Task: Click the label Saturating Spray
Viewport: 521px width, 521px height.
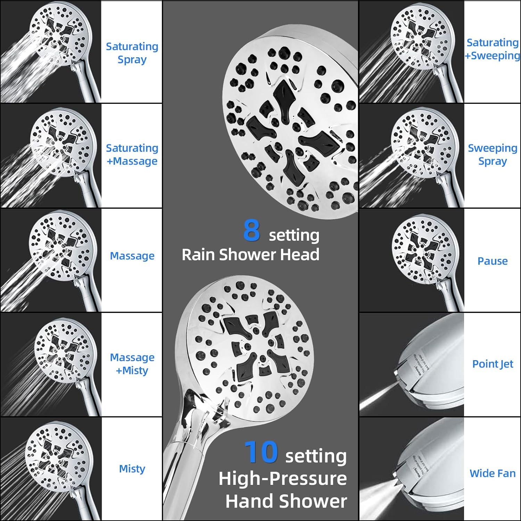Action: pyautogui.click(x=132, y=53)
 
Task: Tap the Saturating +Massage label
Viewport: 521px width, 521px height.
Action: pyautogui.click(x=132, y=155)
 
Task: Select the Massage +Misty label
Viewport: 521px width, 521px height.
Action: pyautogui.click(x=132, y=364)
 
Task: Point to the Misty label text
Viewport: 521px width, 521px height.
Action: pyautogui.click(x=132, y=469)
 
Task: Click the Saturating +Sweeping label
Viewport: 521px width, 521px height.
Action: pyautogui.click(x=493, y=49)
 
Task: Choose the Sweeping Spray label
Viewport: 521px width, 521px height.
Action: pyautogui.click(x=493, y=155)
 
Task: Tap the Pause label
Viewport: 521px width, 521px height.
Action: pyautogui.click(x=493, y=261)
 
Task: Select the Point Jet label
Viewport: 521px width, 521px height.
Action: pyautogui.click(x=493, y=364)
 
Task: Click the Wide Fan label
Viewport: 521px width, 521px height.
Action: pyautogui.click(x=493, y=473)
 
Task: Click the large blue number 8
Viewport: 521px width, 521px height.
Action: pyautogui.click(x=252, y=230)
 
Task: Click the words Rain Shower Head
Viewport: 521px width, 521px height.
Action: pyautogui.click(x=250, y=254)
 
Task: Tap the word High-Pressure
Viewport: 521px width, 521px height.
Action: pyautogui.click(x=283, y=479)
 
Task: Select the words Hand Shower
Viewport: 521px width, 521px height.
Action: pyautogui.click(x=286, y=501)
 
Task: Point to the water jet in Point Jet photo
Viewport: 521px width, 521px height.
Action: pyautogui.click(x=379, y=396)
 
